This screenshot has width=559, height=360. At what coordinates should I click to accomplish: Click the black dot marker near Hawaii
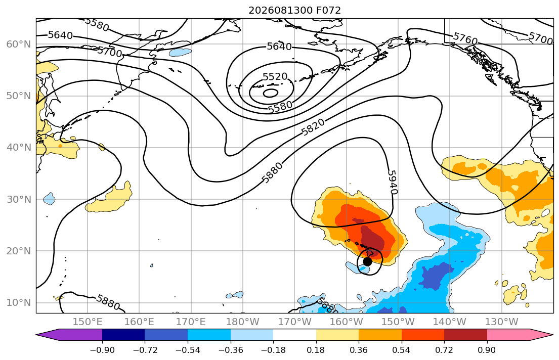click(x=367, y=261)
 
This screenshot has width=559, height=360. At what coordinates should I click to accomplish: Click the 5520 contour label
click(x=275, y=77)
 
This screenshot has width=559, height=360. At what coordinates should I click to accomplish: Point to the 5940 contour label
click(x=392, y=182)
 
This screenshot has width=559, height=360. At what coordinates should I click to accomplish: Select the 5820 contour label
click(x=313, y=127)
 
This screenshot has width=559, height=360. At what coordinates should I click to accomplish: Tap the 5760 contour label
click(x=465, y=39)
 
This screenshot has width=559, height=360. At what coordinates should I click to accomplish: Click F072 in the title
click(x=328, y=10)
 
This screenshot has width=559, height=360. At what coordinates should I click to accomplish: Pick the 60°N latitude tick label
click(x=19, y=44)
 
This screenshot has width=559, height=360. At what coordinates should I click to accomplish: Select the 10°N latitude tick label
click(x=19, y=303)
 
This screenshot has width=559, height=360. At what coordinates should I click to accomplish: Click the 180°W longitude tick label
click(x=243, y=322)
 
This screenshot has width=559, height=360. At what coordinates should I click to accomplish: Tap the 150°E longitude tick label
click(x=88, y=322)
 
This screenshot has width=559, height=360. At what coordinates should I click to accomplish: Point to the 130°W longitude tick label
click(x=502, y=322)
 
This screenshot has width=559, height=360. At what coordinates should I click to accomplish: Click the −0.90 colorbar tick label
click(x=102, y=350)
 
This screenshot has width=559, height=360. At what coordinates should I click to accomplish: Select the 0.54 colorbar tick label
click(x=402, y=350)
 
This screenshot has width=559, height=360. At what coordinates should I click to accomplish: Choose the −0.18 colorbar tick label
click(x=273, y=350)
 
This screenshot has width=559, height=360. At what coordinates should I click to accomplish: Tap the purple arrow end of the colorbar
click(x=69, y=335)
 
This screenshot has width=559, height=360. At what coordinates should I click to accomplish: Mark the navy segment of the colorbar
click(x=123, y=335)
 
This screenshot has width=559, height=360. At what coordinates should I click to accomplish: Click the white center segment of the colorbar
click(x=294, y=335)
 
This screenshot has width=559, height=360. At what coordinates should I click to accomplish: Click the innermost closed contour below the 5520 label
click(x=271, y=93)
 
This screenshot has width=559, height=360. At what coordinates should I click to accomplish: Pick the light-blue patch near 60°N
click(x=181, y=53)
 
